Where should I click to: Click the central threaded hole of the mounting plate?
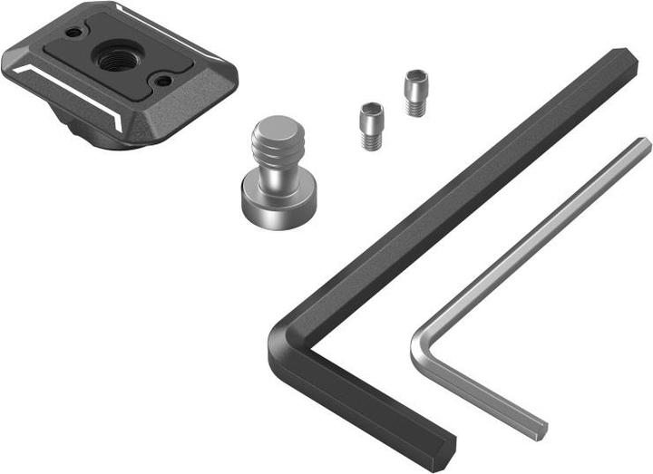click(x=115, y=60)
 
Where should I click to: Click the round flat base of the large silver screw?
click(x=272, y=196)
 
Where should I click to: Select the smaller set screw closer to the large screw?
click(x=370, y=126)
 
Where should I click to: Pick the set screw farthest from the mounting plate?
click(x=415, y=92)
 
